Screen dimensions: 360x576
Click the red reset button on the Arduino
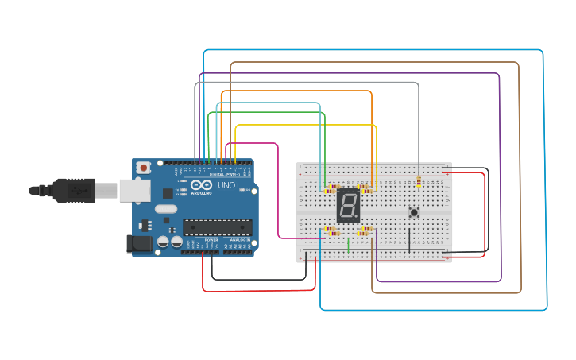[143, 168]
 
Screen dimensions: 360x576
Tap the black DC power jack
[140, 244]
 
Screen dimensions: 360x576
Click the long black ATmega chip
[217, 227]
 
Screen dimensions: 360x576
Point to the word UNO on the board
[226, 185]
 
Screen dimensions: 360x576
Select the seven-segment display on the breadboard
[348, 206]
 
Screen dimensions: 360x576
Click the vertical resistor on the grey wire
[419, 183]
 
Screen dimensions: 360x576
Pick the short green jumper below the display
[348, 245]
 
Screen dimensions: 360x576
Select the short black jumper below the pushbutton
[409, 240]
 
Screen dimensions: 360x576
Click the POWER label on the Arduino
[211, 239]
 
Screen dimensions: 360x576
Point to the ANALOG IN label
[239, 239]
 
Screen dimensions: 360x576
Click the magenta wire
[278, 191]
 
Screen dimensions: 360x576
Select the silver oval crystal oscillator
[165, 209]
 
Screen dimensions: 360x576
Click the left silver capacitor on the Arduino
[163, 241]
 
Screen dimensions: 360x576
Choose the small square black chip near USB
[168, 193]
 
